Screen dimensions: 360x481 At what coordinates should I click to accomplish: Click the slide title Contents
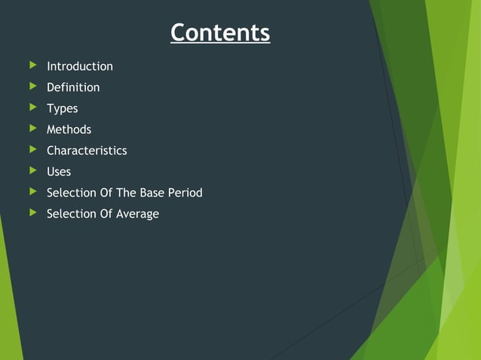(x=219, y=33)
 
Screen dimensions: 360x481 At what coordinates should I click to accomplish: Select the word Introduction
(x=80, y=66)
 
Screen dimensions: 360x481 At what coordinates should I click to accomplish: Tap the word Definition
(x=73, y=87)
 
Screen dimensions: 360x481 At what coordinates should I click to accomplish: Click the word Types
(x=62, y=108)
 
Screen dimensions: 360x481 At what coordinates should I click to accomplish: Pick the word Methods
(x=69, y=130)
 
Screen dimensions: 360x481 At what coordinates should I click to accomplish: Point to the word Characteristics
(x=87, y=151)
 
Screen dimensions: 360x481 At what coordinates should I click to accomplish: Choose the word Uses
(x=59, y=172)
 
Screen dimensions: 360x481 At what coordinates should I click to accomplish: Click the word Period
(x=185, y=193)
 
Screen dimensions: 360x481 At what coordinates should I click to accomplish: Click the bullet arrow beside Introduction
(x=32, y=66)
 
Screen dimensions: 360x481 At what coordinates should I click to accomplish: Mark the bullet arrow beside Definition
(x=32, y=87)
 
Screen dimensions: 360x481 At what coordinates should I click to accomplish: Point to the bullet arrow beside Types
(x=32, y=108)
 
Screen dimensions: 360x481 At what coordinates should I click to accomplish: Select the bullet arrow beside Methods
(x=32, y=129)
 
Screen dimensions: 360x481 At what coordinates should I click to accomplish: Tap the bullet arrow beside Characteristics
(x=32, y=150)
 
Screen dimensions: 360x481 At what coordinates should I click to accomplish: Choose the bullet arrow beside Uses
(x=32, y=171)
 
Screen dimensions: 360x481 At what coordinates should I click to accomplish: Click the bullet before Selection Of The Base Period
(x=32, y=192)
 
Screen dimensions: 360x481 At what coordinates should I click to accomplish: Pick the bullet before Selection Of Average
(x=32, y=213)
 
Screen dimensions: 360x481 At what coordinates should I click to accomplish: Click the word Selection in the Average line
(x=71, y=214)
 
